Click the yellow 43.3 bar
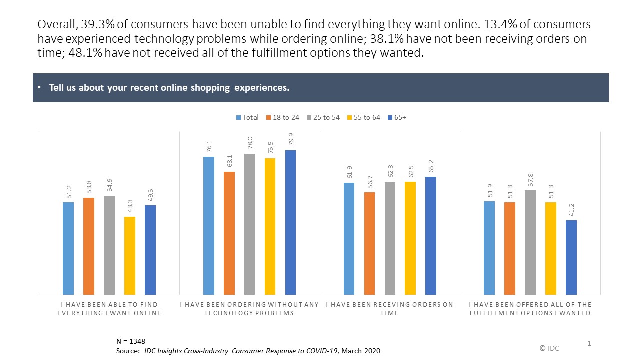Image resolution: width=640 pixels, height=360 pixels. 130,256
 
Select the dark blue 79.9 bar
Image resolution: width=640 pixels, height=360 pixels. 290,222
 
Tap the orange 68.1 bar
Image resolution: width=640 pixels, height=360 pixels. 229,233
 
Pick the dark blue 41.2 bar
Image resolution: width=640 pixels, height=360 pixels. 571,257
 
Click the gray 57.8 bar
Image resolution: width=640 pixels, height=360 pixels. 530,242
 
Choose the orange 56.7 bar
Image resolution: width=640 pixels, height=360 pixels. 370,243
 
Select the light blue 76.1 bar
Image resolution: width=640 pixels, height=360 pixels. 209,226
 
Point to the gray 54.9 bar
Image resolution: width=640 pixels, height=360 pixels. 109,245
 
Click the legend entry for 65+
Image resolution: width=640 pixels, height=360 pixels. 397,117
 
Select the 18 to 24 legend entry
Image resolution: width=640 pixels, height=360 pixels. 284,117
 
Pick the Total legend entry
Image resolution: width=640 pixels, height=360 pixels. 247,117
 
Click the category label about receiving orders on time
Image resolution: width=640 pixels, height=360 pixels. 389,309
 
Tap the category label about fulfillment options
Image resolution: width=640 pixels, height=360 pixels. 530,309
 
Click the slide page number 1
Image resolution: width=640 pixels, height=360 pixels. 589,343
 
